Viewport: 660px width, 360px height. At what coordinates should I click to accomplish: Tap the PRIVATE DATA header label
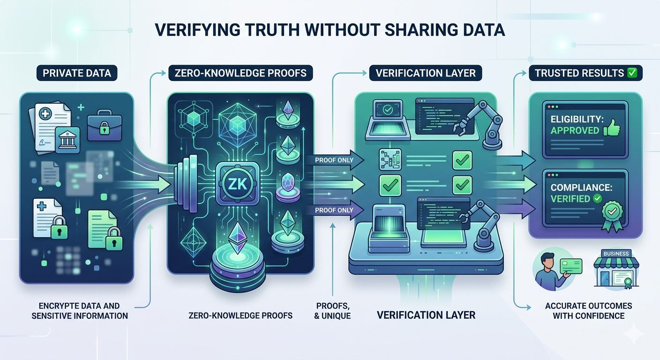coord(77,73)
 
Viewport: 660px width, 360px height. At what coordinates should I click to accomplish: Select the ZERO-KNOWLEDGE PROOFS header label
coord(241,73)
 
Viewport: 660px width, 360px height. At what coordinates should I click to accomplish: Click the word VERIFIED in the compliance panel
coord(570,199)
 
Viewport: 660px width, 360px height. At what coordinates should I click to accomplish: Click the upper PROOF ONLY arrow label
coord(334,160)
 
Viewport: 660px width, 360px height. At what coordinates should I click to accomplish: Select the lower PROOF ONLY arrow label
coord(334,210)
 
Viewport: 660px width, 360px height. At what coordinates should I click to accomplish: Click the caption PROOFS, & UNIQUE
coord(332,311)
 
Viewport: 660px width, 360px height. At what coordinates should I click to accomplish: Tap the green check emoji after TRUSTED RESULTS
coord(631,73)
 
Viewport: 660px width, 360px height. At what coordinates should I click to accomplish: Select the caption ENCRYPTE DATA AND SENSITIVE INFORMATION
coord(80,311)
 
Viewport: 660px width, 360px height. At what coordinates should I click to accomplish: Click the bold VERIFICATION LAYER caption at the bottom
coord(426,315)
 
